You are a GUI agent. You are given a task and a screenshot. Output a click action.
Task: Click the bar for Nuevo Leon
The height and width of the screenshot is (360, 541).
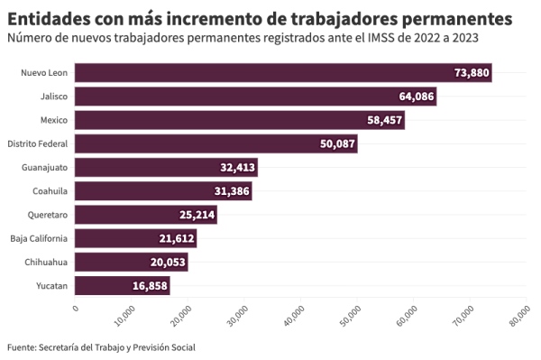click(x=283, y=73)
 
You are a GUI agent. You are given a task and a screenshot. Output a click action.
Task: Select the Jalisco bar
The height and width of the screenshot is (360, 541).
click(x=256, y=97)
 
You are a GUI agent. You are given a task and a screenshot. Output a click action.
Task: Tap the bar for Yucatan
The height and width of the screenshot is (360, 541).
click(x=123, y=285)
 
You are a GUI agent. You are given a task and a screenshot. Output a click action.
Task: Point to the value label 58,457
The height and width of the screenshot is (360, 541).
click(x=385, y=120)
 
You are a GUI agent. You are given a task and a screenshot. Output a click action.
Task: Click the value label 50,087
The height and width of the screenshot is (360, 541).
click(x=337, y=143)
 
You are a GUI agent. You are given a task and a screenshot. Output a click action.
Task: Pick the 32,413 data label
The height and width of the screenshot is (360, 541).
click(x=238, y=168)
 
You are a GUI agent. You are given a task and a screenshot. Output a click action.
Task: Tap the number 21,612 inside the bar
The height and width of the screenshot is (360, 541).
click(x=177, y=238)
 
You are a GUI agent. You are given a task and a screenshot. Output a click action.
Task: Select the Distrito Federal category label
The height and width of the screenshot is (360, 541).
click(x=38, y=143)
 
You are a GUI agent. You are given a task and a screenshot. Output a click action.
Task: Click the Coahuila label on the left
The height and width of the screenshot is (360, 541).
click(x=50, y=191)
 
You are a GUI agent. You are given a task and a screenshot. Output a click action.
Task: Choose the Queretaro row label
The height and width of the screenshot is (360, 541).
click(x=48, y=215)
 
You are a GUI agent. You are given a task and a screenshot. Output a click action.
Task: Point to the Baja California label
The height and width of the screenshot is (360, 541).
click(x=39, y=238)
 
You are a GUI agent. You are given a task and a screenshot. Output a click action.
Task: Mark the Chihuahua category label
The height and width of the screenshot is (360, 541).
click(x=46, y=262)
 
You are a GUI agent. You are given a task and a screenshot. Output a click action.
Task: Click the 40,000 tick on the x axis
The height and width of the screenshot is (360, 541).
click(x=294, y=316)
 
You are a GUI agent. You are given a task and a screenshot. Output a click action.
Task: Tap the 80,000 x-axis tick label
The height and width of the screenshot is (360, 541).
click(x=519, y=316)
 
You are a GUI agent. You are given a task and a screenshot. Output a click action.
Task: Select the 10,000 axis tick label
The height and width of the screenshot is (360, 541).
click(x=125, y=316)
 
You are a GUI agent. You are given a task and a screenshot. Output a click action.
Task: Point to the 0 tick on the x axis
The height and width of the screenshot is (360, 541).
click(x=76, y=308)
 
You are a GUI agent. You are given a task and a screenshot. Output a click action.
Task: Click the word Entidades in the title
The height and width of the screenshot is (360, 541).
click(x=49, y=19)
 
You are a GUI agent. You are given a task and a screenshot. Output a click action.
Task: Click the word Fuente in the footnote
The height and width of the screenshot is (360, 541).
click(x=22, y=346)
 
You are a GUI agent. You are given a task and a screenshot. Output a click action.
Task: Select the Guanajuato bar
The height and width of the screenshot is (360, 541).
click(x=166, y=168)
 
